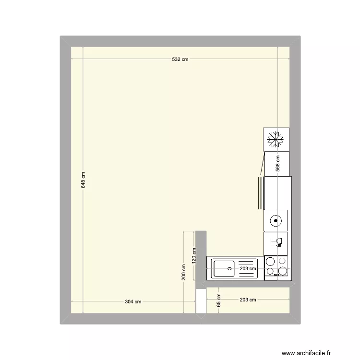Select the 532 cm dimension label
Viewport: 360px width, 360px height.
pyautogui.click(x=180, y=60)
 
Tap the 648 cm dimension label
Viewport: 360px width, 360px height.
pyautogui.click(x=83, y=180)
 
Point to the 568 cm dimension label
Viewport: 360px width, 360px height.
pyautogui.click(x=277, y=164)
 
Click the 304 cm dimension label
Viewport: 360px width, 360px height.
pyautogui.click(x=133, y=301)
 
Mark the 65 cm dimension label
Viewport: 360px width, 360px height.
pyautogui.click(x=218, y=301)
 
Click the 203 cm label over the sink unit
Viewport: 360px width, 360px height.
pyautogui.click(x=248, y=269)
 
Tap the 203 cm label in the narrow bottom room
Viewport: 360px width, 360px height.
pyautogui.click(x=248, y=300)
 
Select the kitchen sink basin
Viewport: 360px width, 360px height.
pyautogui.click(x=223, y=269)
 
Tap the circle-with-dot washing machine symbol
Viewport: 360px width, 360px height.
pyautogui.click(x=276, y=221)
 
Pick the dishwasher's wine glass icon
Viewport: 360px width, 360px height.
pyautogui.click(x=276, y=242)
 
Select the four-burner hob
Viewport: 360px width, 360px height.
pyautogui.click(x=277, y=267)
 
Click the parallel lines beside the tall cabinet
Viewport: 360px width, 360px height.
pyautogui.click(x=260, y=192)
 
